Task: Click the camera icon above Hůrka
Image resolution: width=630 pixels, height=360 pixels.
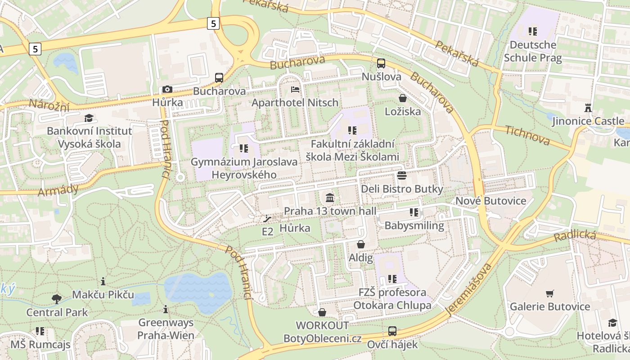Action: tap(167, 90)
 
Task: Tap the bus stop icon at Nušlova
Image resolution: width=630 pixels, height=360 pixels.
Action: tap(381, 63)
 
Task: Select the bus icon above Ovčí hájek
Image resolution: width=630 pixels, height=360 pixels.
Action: tap(392, 332)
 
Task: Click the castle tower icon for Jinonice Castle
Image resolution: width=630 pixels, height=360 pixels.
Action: tap(588, 108)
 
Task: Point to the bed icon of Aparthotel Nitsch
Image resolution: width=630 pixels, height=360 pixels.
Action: tap(295, 90)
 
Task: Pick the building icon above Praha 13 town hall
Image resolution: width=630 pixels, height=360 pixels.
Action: tap(330, 198)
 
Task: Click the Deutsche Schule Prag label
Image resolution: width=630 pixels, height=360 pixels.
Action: tap(533, 51)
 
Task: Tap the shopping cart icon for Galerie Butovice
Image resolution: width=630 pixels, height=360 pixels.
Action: tap(549, 294)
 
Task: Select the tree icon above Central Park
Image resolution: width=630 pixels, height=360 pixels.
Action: tap(57, 299)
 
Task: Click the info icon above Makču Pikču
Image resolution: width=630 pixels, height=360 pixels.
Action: tap(103, 282)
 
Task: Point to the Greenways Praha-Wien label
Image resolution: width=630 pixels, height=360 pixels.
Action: tap(166, 329)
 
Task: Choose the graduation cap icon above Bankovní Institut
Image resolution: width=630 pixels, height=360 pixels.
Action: tap(89, 118)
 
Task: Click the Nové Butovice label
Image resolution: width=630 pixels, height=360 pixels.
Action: tap(491, 201)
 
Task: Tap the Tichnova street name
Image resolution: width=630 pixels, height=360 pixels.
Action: tap(527, 135)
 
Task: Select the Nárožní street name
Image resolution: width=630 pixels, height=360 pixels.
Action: tap(49, 105)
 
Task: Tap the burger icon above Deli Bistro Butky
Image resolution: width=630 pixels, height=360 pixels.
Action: tap(402, 175)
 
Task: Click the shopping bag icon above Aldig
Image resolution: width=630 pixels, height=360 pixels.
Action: tap(360, 244)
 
